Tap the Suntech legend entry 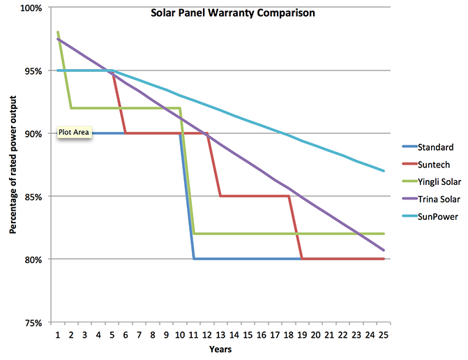(x=433, y=165)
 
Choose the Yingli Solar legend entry (x=439, y=182)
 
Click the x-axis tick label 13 (x=220, y=335)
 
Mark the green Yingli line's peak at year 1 (x=58, y=32)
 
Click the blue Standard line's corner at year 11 (x=194, y=259)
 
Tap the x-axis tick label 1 (x=58, y=335)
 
